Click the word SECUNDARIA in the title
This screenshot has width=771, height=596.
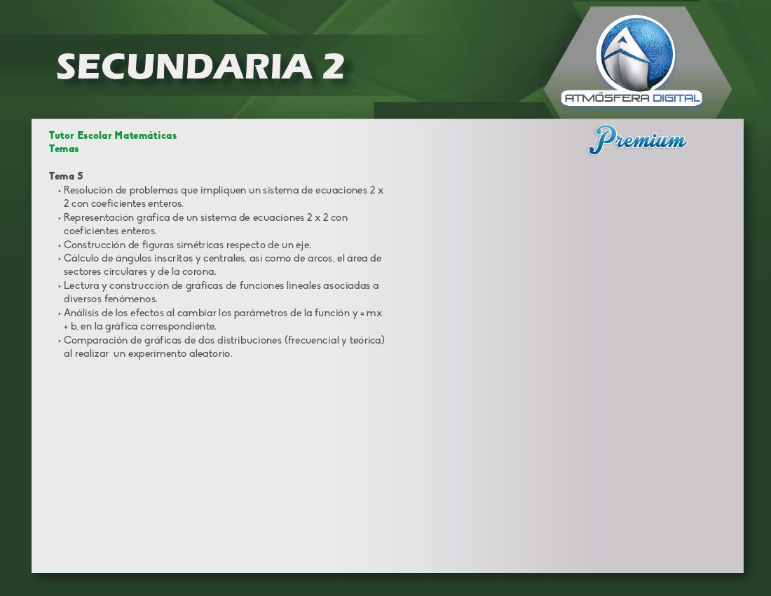click(184, 67)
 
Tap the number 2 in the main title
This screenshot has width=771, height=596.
click(334, 67)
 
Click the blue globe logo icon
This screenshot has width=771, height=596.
click(635, 55)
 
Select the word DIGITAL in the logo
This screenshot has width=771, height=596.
click(676, 98)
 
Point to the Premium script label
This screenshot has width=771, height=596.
click(637, 140)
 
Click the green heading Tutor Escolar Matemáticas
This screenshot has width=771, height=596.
click(113, 135)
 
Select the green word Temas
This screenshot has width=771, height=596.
click(63, 149)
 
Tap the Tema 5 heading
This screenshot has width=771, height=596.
click(66, 176)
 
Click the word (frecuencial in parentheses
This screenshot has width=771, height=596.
click(311, 340)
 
